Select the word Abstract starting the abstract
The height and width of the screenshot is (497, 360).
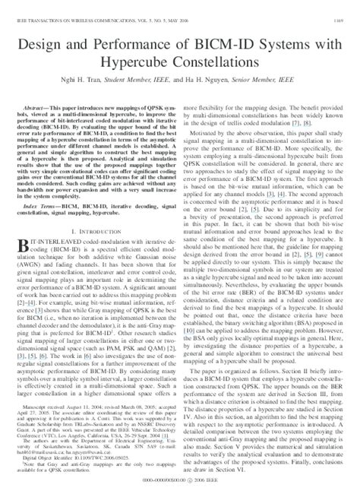click(43, 109)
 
